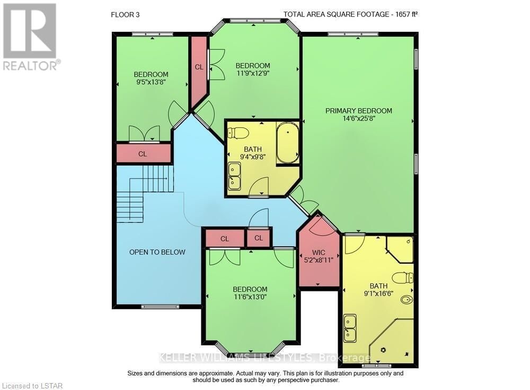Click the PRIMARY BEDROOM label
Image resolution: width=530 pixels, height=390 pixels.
pos(359,111)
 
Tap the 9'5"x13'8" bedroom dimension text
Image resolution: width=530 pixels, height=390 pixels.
pos(151,82)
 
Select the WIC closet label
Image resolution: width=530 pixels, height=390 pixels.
pos(319,253)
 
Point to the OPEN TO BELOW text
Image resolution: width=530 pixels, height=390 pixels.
pos(157,252)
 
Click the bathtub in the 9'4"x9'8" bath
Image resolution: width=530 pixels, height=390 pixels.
pos(288,143)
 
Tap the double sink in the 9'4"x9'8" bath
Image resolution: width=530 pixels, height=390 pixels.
pos(234,176)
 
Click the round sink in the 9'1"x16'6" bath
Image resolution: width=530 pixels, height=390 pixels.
pos(406,300)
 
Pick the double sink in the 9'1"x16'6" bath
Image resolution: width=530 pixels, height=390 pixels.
pos(350,328)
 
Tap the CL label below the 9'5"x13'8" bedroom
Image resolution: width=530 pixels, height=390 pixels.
pos(143,154)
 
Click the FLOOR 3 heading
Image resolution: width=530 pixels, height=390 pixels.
pos(125,15)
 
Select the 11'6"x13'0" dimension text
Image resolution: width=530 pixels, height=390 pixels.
pos(250,297)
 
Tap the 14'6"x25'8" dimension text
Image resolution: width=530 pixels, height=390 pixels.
pos(359,119)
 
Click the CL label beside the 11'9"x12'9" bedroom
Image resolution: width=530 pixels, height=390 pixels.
pos(199,67)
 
